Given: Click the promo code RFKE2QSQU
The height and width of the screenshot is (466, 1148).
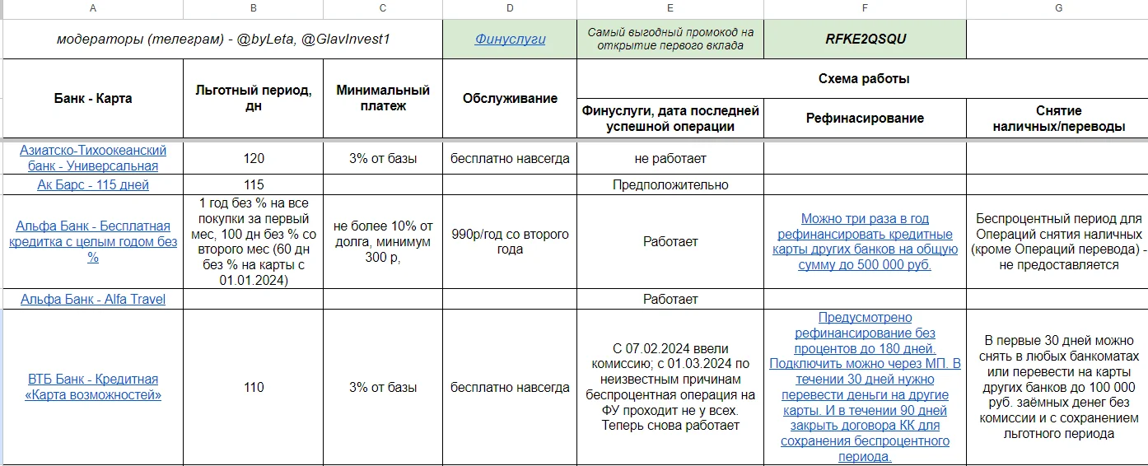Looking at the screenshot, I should [x=864, y=39].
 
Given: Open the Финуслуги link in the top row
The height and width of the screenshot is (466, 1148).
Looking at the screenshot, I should [x=510, y=39].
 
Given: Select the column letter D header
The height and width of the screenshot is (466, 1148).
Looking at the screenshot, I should [x=510, y=8].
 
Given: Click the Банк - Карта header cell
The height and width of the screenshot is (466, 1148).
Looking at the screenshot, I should [x=92, y=98].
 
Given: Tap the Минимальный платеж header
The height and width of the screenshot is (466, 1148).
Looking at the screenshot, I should [x=383, y=98].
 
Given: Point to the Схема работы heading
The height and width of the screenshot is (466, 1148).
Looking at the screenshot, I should [x=863, y=79].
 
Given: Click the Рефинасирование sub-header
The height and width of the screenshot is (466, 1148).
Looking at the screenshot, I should [x=865, y=118].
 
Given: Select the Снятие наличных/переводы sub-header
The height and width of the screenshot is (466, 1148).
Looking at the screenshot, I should [x=1058, y=118].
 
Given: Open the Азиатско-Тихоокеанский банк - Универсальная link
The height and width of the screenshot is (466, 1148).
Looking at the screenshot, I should [x=92, y=158].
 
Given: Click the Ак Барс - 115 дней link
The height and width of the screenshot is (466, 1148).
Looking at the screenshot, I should [x=92, y=184].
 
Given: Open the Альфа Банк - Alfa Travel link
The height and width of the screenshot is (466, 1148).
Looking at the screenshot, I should [x=92, y=299].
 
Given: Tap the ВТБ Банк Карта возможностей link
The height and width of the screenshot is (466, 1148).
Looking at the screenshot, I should [x=92, y=387].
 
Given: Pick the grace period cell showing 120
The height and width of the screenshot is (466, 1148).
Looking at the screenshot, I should [x=253, y=158].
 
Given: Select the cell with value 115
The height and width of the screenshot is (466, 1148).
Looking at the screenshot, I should [x=253, y=184].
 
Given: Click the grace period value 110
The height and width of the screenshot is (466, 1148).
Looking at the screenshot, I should [x=253, y=387].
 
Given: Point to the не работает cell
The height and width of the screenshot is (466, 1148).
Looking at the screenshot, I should [x=670, y=158].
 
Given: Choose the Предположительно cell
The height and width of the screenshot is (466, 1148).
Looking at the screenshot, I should [x=670, y=184].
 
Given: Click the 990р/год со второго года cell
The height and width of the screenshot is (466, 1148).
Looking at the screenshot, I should [x=510, y=241].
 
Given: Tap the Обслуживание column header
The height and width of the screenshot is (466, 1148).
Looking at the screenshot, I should [x=510, y=98].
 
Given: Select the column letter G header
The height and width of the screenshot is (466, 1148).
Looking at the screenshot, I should [x=1058, y=8].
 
